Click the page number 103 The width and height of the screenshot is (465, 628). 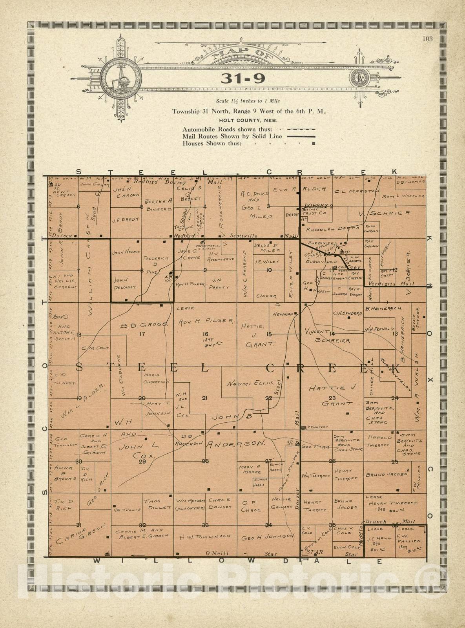[427, 38]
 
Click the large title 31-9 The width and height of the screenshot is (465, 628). [243, 78]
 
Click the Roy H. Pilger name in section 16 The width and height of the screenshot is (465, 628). [206, 321]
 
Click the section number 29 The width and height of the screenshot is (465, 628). [142, 462]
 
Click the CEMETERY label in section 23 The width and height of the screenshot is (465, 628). [317, 427]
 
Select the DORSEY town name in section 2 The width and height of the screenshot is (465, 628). [316, 205]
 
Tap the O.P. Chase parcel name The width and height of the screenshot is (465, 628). [251, 506]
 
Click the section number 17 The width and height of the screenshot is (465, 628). [142, 334]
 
